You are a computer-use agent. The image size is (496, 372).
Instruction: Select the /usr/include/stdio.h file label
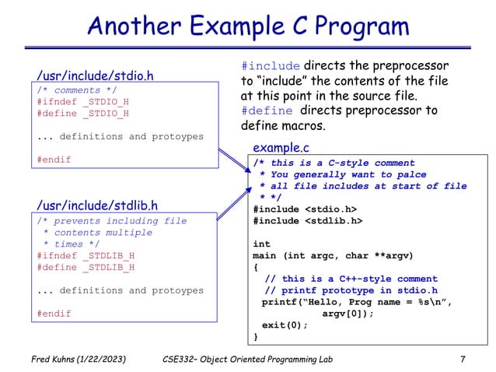[x=96, y=75]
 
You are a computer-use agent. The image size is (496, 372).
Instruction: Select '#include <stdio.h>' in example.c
[x=307, y=209]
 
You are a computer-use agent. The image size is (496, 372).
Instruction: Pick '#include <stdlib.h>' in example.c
[x=310, y=220]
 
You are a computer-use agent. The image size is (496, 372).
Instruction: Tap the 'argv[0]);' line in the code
[x=348, y=314]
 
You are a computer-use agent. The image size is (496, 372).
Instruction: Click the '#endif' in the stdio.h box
[x=54, y=160]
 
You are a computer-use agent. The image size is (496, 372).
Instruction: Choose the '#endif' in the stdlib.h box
[x=54, y=314]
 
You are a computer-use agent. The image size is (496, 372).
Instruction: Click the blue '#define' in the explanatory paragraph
[x=264, y=111]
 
